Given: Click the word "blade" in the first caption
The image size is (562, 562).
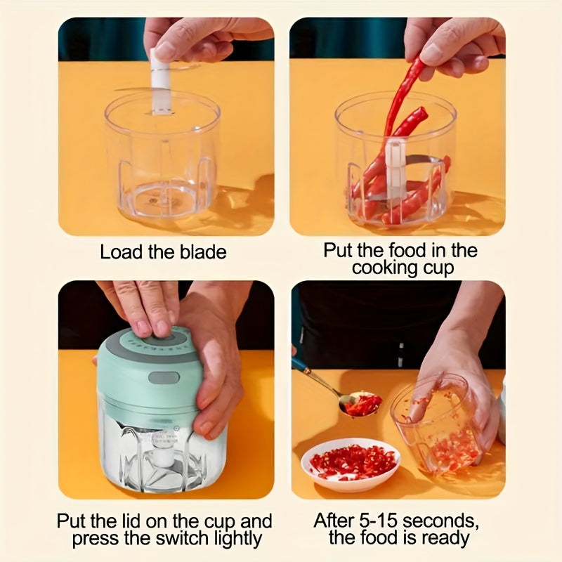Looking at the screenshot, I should click(x=204, y=252).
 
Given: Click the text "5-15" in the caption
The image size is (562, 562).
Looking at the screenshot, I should click(x=377, y=521).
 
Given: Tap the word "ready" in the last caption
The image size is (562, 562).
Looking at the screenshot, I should click(x=445, y=539).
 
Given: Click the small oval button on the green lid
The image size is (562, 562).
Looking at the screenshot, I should click(x=162, y=378).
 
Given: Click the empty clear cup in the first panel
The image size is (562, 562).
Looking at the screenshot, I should click(x=162, y=162).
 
